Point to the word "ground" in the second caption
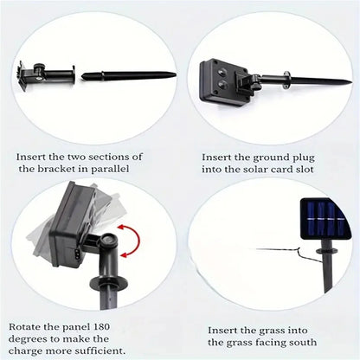coord(273,157)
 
